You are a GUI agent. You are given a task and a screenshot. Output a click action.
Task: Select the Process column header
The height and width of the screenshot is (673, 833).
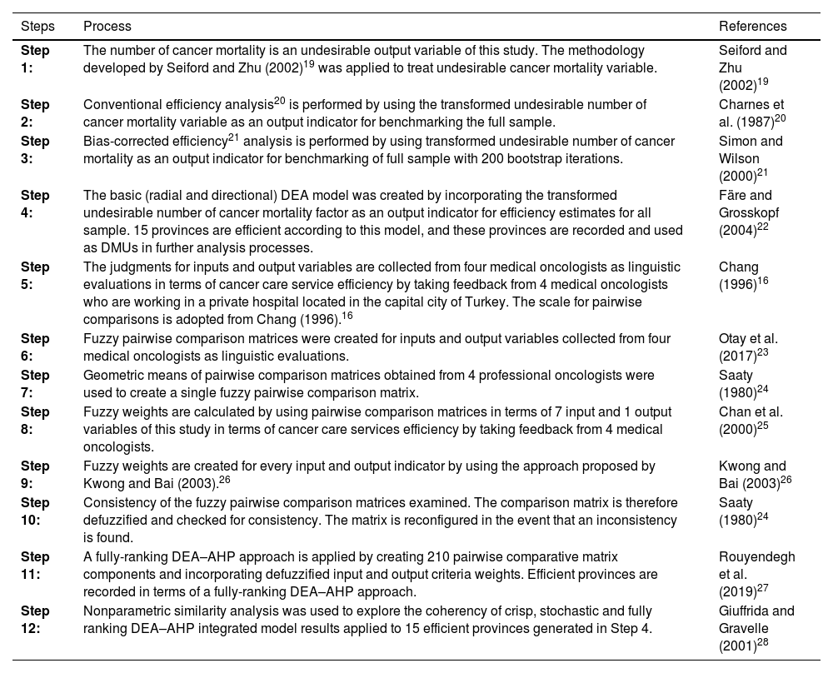107,27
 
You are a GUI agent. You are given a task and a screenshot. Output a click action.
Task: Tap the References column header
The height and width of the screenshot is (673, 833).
752,27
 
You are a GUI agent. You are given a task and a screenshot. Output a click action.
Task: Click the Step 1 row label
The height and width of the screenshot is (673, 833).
34,59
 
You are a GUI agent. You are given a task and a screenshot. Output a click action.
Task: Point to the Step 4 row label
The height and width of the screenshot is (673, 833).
34,204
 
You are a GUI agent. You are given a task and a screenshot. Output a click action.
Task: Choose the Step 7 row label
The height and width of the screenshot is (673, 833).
34,384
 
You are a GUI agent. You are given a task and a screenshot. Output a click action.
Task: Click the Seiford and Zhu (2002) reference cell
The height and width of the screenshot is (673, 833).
752,67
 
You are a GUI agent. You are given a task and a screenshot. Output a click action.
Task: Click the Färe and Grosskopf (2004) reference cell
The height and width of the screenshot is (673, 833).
752,221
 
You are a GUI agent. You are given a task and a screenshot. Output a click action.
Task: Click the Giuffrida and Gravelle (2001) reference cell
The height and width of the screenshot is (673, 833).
756,628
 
